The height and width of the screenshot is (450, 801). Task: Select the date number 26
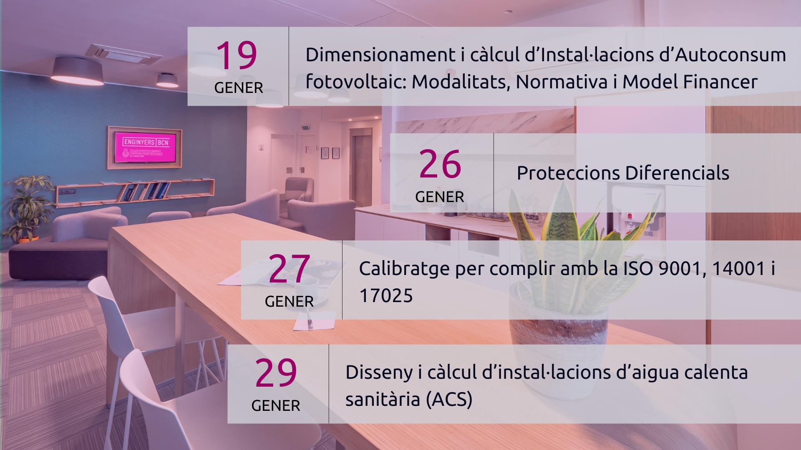pyautogui.click(x=440, y=164)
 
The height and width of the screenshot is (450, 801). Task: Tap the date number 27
pyautogui.click(x=289, y=269)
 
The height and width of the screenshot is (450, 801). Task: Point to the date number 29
pyautogui.click(x=276, y=372)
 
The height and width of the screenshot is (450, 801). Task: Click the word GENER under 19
pyautogui.click(x=239, y=88)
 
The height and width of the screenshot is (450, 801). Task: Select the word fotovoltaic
pyautogui.click(x=355, y=81)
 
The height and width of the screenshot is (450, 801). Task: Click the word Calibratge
pyautogui.click(x=404, y=269)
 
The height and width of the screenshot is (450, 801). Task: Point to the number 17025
pyautogui.click(x=386, y=296)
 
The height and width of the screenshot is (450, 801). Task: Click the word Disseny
pyautogui.click(x=379, y=372)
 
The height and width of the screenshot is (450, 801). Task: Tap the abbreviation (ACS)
pyautogui.click(x=449, y=400)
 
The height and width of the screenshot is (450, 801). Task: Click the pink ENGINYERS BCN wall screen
pyautogui.click(x=145, y=147)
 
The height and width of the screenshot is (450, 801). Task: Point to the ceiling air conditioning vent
pyautogui.click(x=123, y=54)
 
